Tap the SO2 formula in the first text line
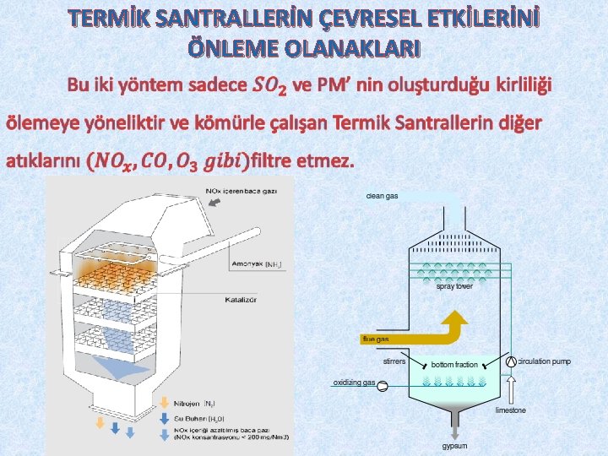(270, 85)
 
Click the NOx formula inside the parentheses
(115, 160)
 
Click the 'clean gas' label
(382, 196)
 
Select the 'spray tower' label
(454, 286)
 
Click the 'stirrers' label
(394, 361)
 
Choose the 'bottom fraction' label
(454, 365)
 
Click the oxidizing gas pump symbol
(382, 387)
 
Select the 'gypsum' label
(455, 445)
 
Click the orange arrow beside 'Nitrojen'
(165, 404)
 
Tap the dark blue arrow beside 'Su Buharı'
(165, 417)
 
